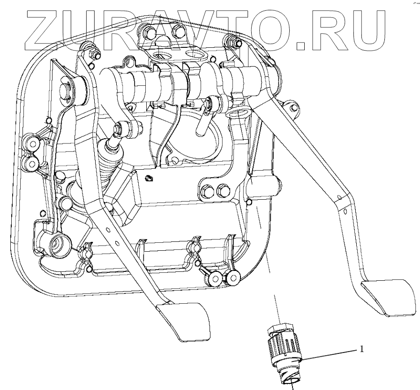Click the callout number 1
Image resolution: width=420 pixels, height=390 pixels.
(x=361, y=348)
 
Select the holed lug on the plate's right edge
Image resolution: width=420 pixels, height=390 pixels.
(x=293, y=108)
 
